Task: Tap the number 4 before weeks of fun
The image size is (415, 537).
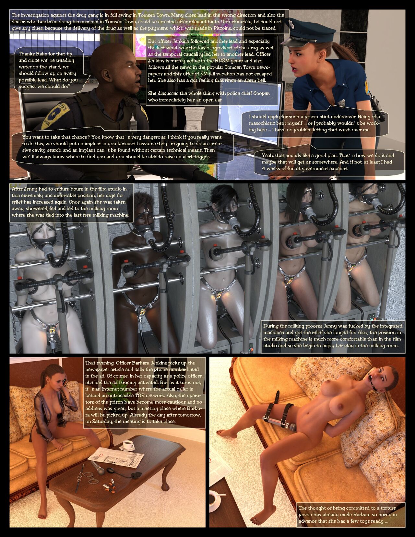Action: (263, 169)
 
